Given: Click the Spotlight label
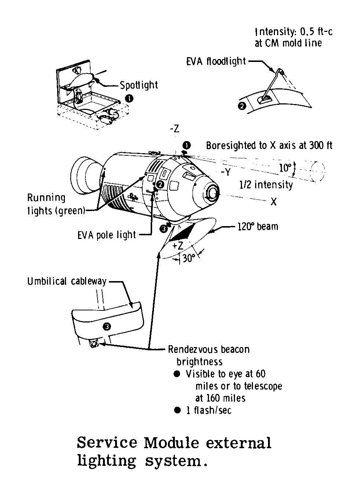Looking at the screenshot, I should pos(139,85).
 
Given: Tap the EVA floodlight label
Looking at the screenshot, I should pos(216,61).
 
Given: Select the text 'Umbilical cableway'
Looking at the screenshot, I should pos(67,281).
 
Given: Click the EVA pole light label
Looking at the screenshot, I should pos(107,235).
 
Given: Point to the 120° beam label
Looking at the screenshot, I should pos(258,226).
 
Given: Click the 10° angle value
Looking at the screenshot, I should pos(285,168).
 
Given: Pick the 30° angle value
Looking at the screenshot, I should pos(189,259).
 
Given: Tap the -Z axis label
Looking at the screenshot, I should pos(175,129).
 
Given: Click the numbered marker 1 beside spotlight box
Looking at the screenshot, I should pos(129,98).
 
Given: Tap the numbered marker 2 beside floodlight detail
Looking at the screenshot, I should pos(242,107).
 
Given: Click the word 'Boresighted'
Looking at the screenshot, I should pos(230,145).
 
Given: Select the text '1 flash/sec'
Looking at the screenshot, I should pos(209,410).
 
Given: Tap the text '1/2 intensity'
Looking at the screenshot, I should pos(266,184).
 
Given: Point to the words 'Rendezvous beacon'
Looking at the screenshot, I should pos(209,349).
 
